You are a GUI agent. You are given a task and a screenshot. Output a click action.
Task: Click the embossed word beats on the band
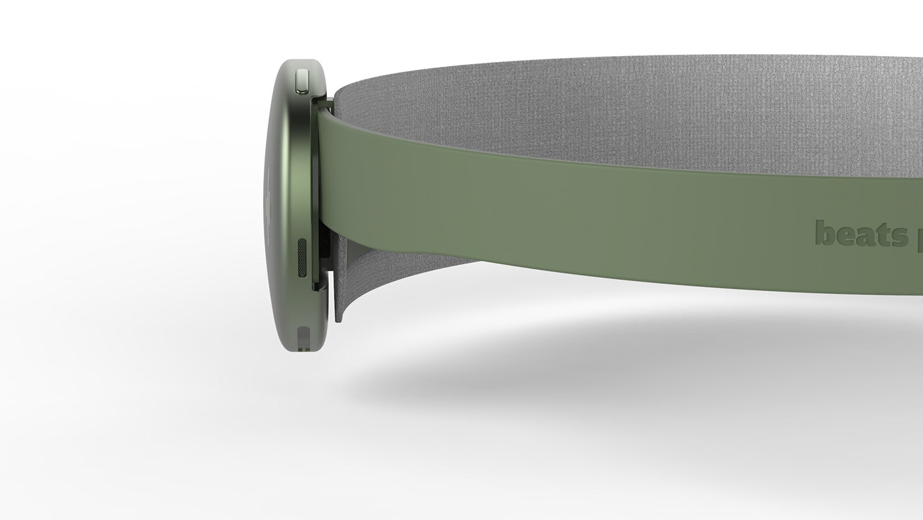point(861,234)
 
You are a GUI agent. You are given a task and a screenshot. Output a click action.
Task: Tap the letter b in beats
point(824,233)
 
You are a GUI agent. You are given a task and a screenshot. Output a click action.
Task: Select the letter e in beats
point(843,236)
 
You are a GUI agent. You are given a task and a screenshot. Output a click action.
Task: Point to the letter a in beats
point(862,236)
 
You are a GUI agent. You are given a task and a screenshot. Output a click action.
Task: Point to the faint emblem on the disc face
point(270,198)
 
